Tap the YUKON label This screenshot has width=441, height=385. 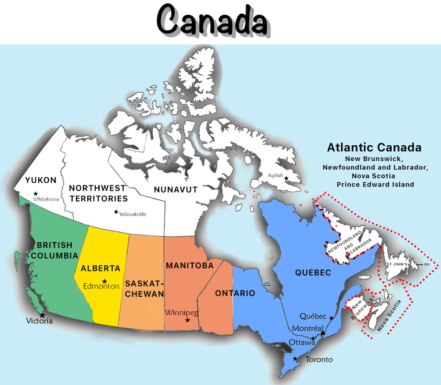pos(41,180)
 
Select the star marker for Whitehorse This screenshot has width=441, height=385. pos(36,194)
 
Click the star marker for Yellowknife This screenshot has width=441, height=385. pos(117,212)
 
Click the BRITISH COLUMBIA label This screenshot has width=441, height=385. pos(54,251)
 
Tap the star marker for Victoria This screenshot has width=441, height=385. pos(43,315)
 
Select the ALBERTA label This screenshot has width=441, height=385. pos(100,268)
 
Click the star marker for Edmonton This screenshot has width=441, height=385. pos(104,281)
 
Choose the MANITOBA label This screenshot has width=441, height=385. pos(190,266)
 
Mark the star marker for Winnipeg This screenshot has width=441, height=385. pos(188,320)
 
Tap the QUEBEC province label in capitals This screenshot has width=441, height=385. pos(313,272)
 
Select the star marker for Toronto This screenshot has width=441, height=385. pos(296,359)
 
